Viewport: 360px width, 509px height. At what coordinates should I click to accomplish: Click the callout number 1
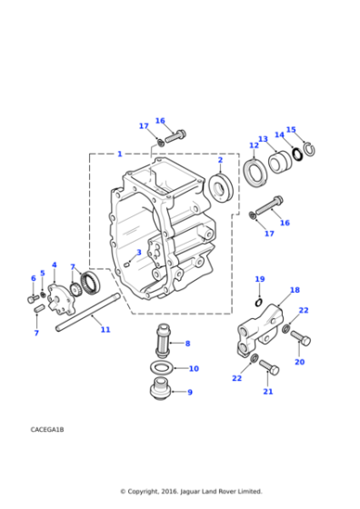point(120,154)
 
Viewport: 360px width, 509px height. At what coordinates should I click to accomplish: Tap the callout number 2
point(220,160)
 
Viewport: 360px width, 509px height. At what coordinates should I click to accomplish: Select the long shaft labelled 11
point(87,312)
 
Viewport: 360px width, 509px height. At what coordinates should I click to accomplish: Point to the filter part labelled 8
point(163,339)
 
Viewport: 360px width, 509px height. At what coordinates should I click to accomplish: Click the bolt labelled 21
point(269,368)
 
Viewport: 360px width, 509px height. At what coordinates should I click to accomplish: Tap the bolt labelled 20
point(301,338)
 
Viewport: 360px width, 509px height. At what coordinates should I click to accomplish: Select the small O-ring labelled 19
point(258,303)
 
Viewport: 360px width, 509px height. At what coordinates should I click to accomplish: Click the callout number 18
point(295,290)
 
